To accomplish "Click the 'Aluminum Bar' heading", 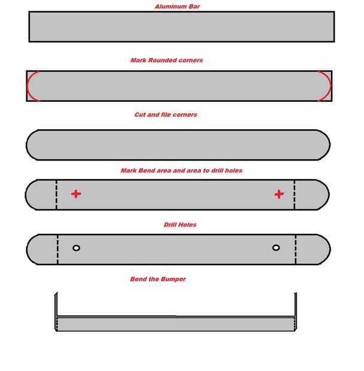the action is pyautogui.click(x=177, y=7).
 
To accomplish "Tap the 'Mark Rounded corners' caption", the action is pyautogui.click(x=166, y=60).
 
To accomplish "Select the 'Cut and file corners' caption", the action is pyautogui.click(x=166, y=115).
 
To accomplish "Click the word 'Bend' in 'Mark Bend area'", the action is pyautogui.click(x=146, y=171).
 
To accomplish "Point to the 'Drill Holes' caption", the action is pyautogui.click(x=180, y=224).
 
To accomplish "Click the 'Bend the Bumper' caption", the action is pyautogui.click(x=158, y=279).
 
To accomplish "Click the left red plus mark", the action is pyautogui.click(x=76, y=194).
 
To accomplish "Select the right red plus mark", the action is pyautogui.click(x=279, y=194).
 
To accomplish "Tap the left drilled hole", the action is pyautogui.click(x=76, y=248).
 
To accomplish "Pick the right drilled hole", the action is pyautogui.click(x=276, y=248).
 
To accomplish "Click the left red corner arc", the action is pyautogui.click(x=28, y=86).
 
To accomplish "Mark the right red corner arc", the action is pyautogui.click(x=329, y=86).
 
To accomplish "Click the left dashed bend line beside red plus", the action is pyautogui.click(x=56, y=194).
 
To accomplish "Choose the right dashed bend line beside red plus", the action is pyautogui.click(x=295, y=194).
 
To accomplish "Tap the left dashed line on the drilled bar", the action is pyautogui.click(x=57, y=249).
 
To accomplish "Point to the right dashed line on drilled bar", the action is pyautogui.click(x=296, y=249).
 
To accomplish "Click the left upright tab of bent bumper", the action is pyautogui.click(x=56, y=305).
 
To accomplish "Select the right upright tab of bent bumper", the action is pyautogui.click(x=296, y=305).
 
